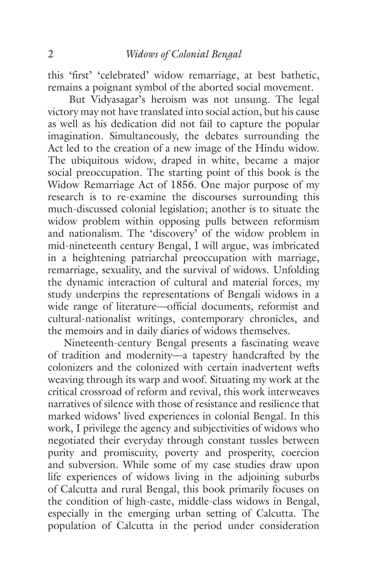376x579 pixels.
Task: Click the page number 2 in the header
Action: point(51,54)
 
